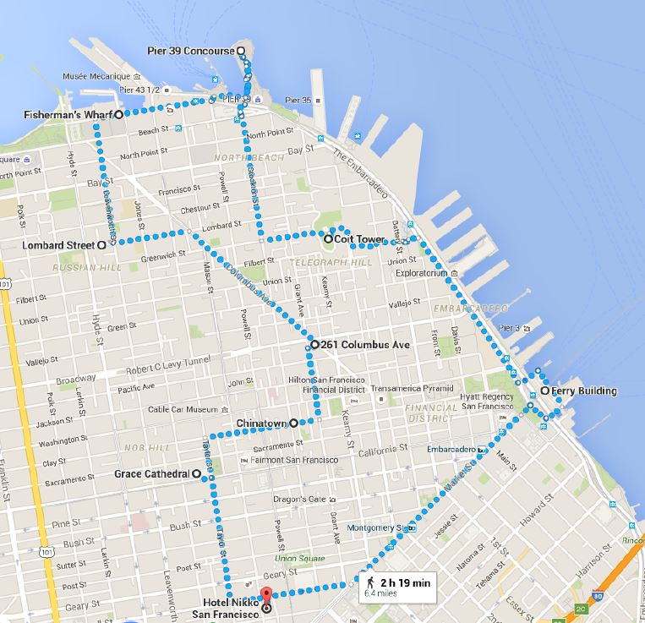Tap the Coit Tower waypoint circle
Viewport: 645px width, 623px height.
(328, 239)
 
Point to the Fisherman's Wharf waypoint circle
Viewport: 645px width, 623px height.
(119, 114)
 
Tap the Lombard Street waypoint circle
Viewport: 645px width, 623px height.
(101, 244)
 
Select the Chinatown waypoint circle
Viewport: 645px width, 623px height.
(293, 423)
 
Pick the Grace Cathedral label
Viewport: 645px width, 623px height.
(152, 474)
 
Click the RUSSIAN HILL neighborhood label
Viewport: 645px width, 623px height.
(78, 268)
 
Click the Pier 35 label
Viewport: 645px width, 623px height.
(301, 101)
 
